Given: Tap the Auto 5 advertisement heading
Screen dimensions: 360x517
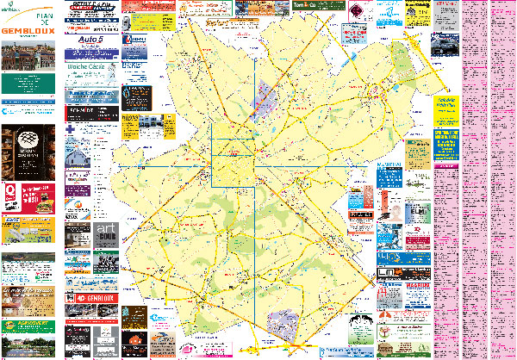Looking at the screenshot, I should coord(90,40).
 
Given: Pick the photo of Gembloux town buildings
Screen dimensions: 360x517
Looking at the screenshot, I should coord(28,58).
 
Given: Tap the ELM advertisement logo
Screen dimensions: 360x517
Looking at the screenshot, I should coord(418,211).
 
